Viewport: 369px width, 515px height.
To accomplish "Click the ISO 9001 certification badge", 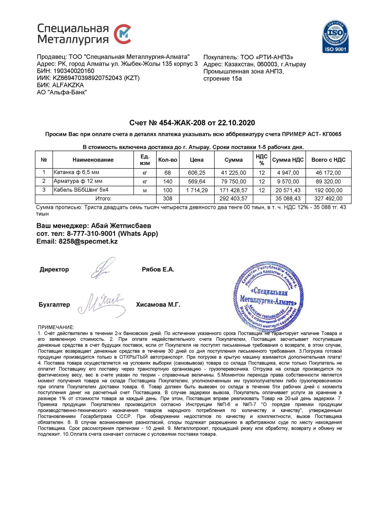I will [335, 36].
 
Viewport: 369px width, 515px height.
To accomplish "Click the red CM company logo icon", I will [123, 34].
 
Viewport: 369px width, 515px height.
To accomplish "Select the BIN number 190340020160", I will [74, 71].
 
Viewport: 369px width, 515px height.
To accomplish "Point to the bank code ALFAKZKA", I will [68, 85].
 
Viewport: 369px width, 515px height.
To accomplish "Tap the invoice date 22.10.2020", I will [236, 123].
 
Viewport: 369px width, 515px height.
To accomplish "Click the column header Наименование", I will [93, 160].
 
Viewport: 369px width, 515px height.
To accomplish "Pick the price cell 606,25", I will [196, 173].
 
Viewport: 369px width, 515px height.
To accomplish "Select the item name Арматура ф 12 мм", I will [78, 181].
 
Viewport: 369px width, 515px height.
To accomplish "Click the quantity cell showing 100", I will [168, 190].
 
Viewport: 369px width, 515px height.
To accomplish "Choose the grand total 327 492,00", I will [328, 199].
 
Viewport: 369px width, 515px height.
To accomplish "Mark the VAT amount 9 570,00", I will [288, 181].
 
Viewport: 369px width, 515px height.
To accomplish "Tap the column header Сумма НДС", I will [288, 160].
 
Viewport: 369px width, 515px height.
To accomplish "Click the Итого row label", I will [103, 199].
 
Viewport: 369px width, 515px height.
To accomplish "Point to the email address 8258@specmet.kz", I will [88, 241].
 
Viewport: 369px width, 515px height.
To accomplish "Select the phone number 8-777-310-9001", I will [91, 233].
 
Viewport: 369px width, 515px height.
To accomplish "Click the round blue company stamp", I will [268, 296].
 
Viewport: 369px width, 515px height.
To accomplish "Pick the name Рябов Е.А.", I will [158, 270].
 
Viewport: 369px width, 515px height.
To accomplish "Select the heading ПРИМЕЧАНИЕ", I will [56, 327].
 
